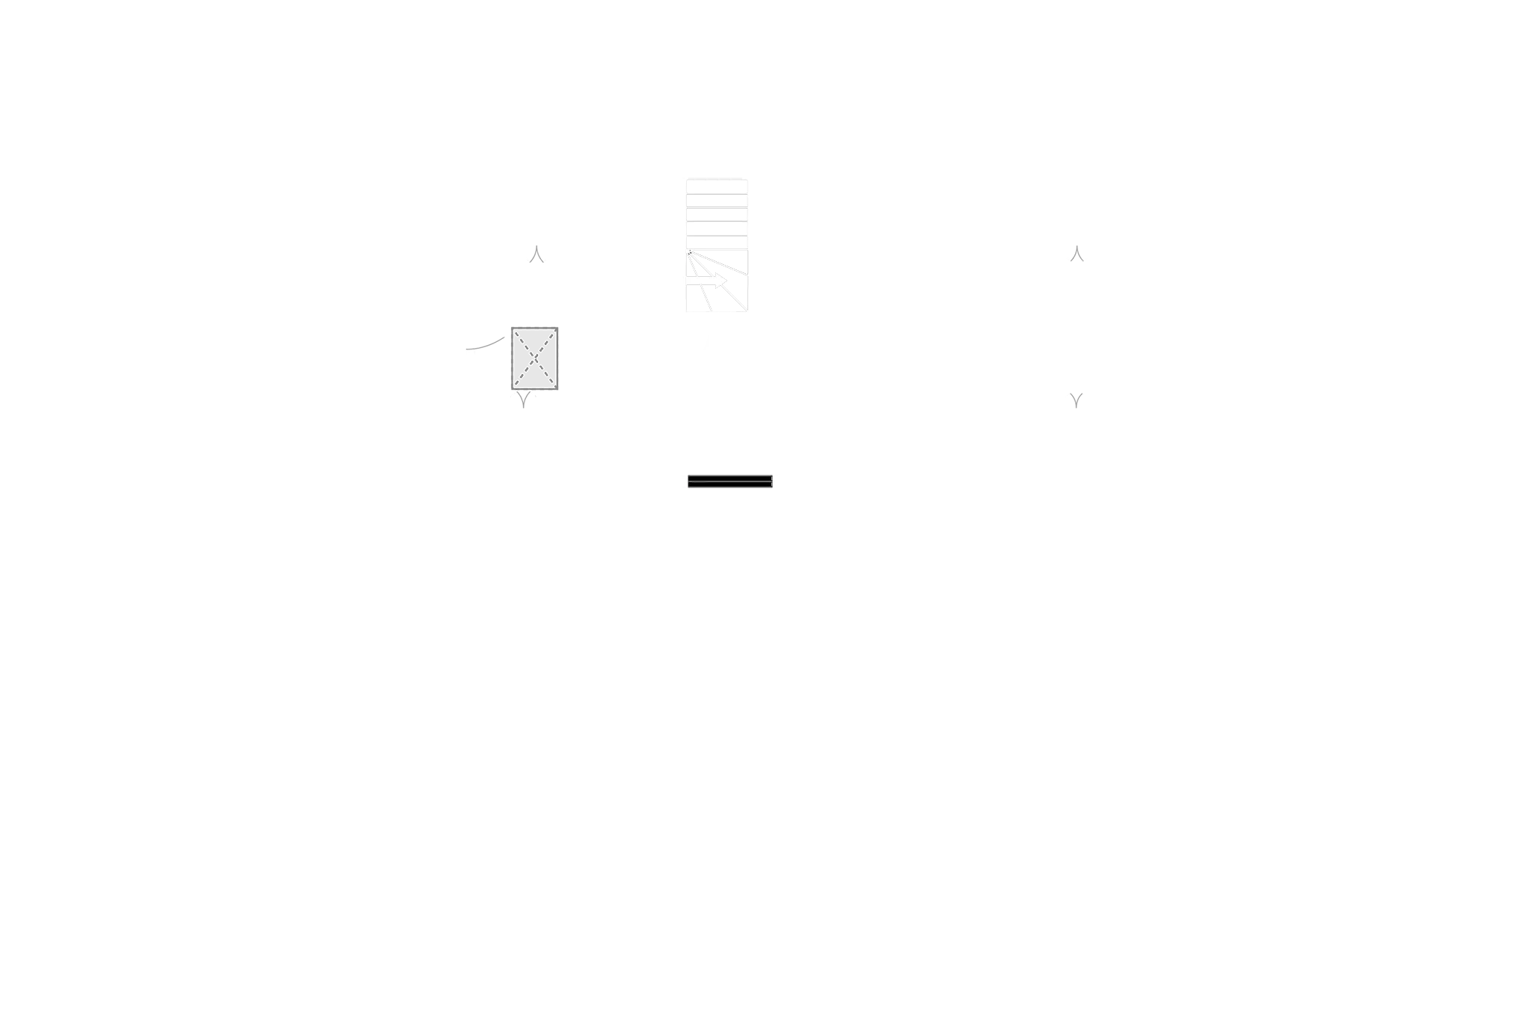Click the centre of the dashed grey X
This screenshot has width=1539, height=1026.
click(534, 360)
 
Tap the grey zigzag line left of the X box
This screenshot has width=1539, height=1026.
click(483, 345)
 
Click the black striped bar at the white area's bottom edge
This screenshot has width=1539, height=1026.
click(729, 482)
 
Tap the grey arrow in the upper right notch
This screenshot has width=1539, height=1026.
click(1076, 251)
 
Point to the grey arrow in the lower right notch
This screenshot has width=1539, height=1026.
click(1076, 400)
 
